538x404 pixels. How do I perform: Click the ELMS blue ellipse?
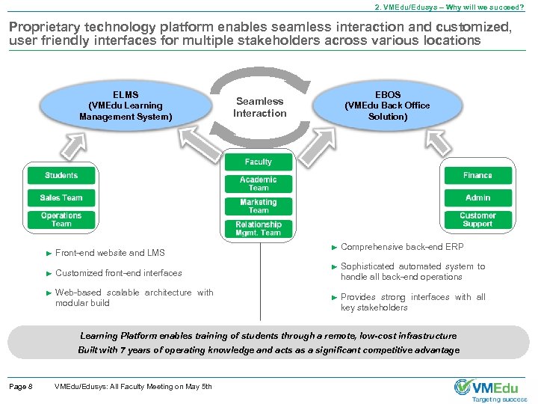tap(126, 106)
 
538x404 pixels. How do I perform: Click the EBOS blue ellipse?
tap(387, 106)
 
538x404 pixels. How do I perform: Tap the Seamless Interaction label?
tap(259, 107)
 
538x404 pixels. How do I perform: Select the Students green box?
tap(61, 176)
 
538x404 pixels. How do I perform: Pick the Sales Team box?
tap(61, 198)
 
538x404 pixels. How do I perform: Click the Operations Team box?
tap(61, 219)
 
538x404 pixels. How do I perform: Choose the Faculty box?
tap(259, 162)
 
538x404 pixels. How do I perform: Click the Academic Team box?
tap(259, 184)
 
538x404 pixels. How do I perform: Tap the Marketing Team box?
tap(259, 206)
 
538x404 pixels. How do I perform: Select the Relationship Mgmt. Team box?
tap(259, 228)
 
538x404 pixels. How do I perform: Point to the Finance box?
tap(477, 176)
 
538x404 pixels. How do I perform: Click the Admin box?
tap(477, 198)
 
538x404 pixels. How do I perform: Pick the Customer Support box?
tap(477, 219)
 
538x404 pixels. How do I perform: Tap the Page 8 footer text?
tap(20, 386)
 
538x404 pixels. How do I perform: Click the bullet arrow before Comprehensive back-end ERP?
tap(334, 247)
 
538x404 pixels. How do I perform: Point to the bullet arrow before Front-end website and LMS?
tap(49, 253)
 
